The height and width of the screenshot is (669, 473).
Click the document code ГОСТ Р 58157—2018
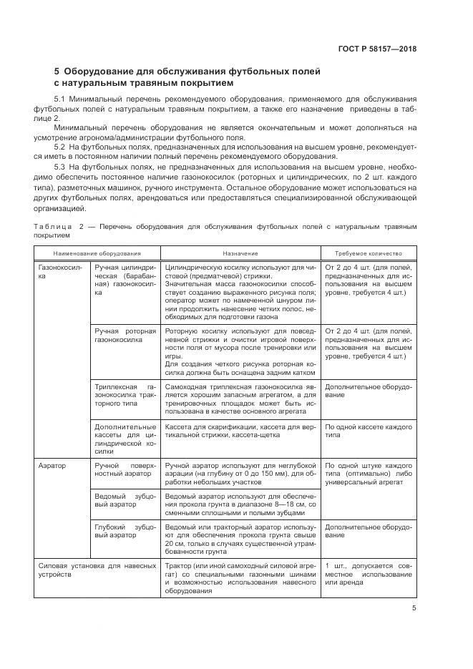[377, 49]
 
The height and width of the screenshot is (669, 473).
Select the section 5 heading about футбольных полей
[187, 77]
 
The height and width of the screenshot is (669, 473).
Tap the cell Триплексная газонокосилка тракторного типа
[125, 394]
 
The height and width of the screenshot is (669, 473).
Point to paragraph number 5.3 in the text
[60, 166]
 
